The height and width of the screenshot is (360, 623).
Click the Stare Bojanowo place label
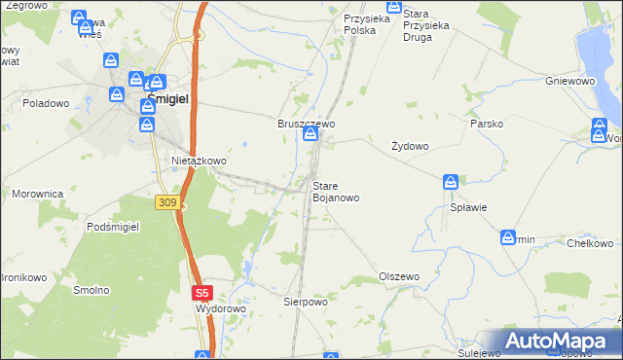coord(335,191)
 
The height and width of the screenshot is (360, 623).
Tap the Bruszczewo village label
coord(307,125)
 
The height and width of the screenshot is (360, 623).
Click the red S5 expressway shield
coord(201,292)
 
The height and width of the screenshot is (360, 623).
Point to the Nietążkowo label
coord(199,161)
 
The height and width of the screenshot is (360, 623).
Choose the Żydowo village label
coord(410,146)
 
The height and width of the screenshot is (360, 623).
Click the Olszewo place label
coord(398,276)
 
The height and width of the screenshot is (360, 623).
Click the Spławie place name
coord(467,207)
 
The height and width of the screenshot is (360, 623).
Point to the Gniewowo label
coord(570,81)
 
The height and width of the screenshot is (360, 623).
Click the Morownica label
coord(38,194)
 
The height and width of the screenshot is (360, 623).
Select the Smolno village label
coord(92,290)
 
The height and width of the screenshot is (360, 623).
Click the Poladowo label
coord(48,102)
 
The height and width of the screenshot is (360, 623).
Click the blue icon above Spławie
coord(451,182)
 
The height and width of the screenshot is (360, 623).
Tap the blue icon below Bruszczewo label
coord(311,135)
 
